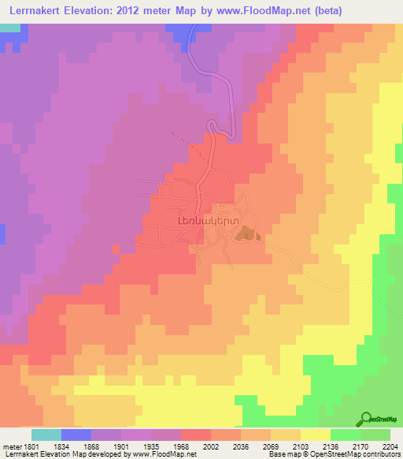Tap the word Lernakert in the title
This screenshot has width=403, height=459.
(36, 10)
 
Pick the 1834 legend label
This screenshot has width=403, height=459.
(61, 445)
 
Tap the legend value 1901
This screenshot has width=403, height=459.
(121, 445)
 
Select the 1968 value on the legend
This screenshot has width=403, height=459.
(181, 445)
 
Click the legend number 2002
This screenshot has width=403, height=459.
(211, 445)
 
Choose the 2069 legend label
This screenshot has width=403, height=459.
(271, 445)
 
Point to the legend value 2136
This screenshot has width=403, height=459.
(331, 445)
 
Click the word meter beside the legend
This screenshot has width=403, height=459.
(10, 445)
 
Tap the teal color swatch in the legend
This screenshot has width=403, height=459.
(46, 434)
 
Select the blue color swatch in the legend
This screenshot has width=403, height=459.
(76, 434)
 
